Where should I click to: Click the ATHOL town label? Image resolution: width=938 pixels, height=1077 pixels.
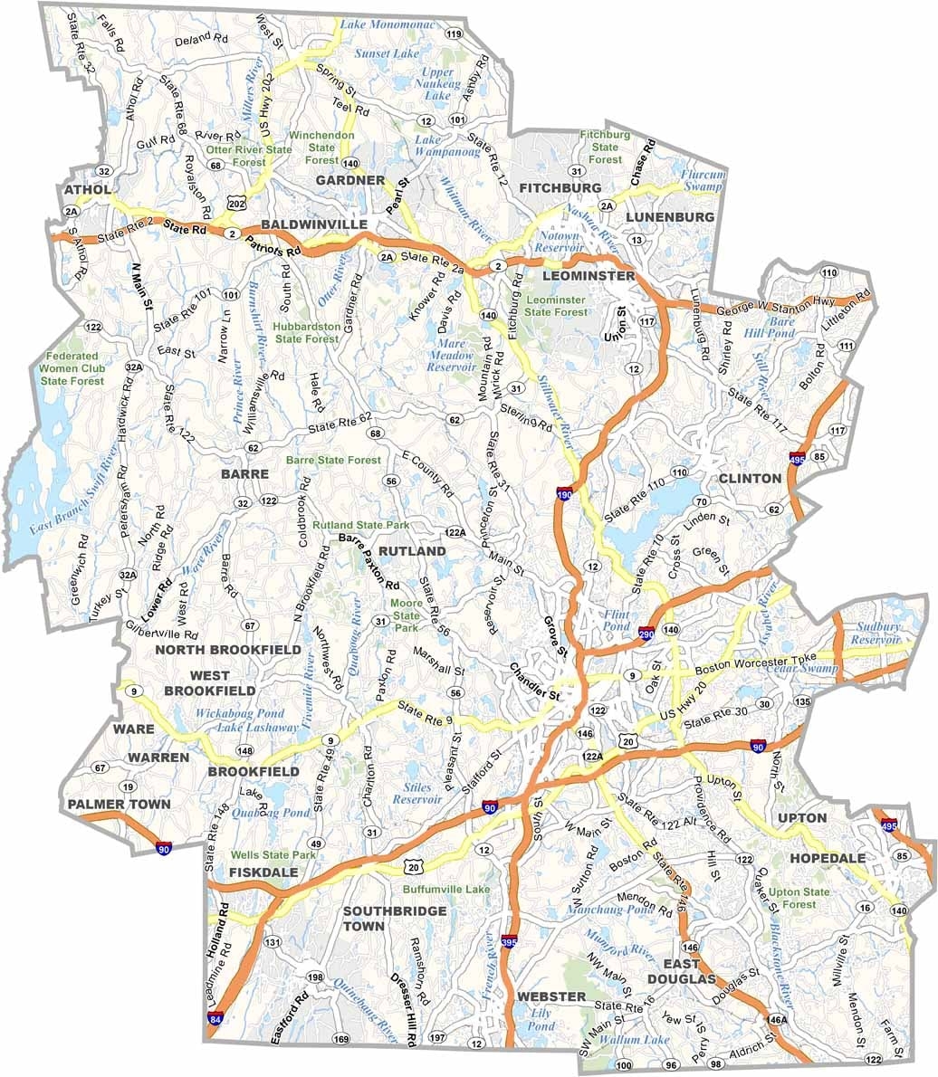[87, 189]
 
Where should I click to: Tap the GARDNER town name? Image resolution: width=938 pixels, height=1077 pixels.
[350, 180]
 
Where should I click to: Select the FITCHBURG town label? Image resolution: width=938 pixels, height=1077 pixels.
[560, 187]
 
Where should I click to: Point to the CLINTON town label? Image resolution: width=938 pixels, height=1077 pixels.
[750, 478]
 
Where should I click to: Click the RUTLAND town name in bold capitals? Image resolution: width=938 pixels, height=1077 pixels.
[412, 550]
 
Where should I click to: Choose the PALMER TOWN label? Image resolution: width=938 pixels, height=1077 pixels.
[119, 804]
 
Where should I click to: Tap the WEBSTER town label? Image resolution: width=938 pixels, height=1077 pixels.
[551, 996]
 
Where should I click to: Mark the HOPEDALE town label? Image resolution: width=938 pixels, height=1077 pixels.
[828, 857]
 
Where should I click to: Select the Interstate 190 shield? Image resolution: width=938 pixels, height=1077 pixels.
[564, 493]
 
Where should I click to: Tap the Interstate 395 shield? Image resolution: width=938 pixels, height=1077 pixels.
[509, 944]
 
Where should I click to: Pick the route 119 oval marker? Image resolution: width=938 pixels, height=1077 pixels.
[455, 34]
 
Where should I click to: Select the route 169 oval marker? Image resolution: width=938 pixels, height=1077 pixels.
[340, 1038]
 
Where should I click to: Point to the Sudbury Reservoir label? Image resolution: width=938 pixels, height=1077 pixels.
[877, 633]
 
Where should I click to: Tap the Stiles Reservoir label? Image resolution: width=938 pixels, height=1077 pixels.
[417, 794]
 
